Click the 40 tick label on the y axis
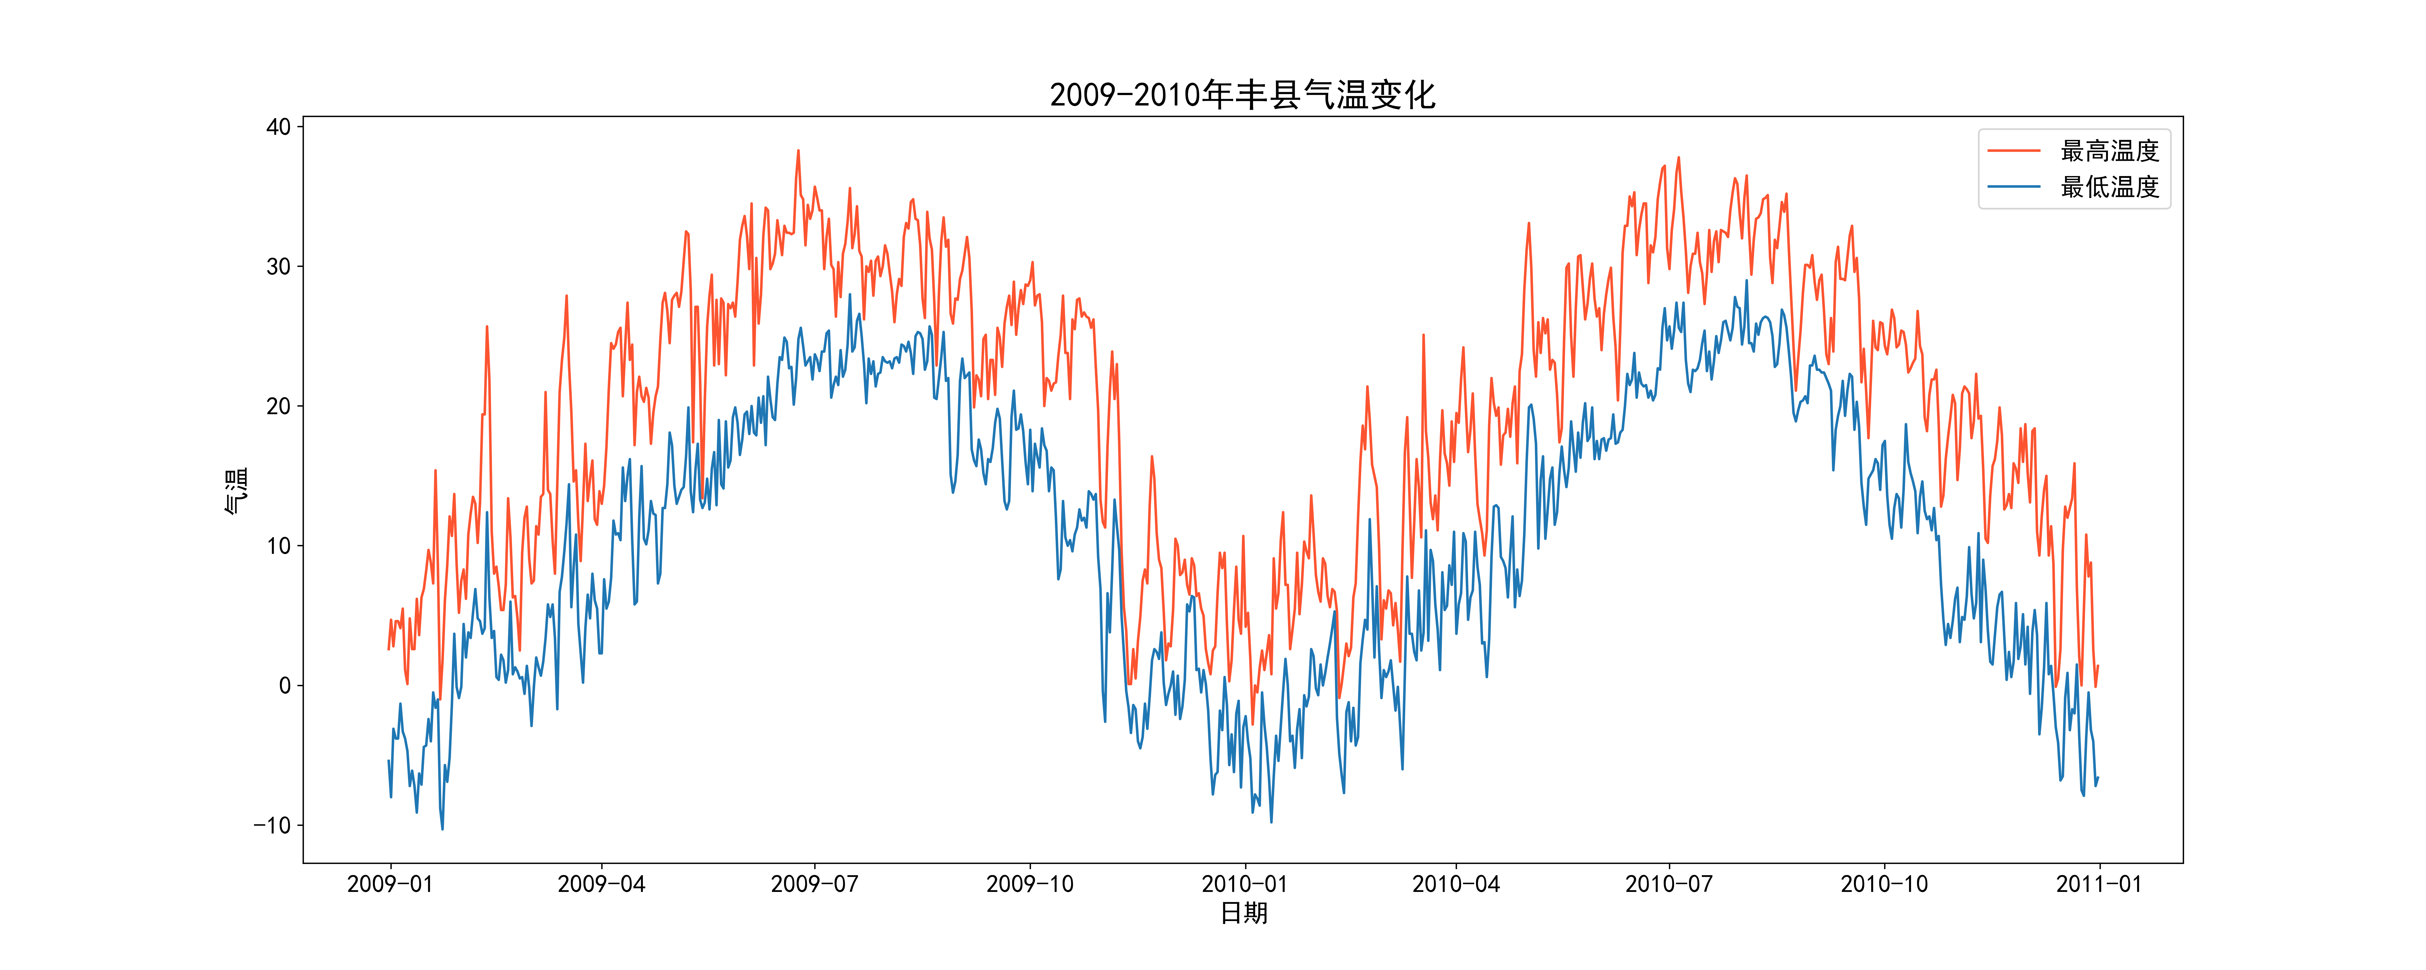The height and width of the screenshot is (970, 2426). coord(279,127)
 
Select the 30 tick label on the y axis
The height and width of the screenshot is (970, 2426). coord(279,267)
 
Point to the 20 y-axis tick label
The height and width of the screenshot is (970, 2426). coord(279,406)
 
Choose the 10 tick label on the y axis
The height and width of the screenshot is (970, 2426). coord(279,545)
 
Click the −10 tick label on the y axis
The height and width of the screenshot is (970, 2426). coord(272,825)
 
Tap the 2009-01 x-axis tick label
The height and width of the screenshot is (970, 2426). coord(390,884)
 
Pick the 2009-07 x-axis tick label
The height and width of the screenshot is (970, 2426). coord(815,884)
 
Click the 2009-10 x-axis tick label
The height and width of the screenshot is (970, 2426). coord(1029,884)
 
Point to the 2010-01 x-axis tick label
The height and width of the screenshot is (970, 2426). coord(1244,884)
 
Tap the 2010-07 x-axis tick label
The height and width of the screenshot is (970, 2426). coord(1669,884)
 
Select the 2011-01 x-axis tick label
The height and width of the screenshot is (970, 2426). coord(2098,884)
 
